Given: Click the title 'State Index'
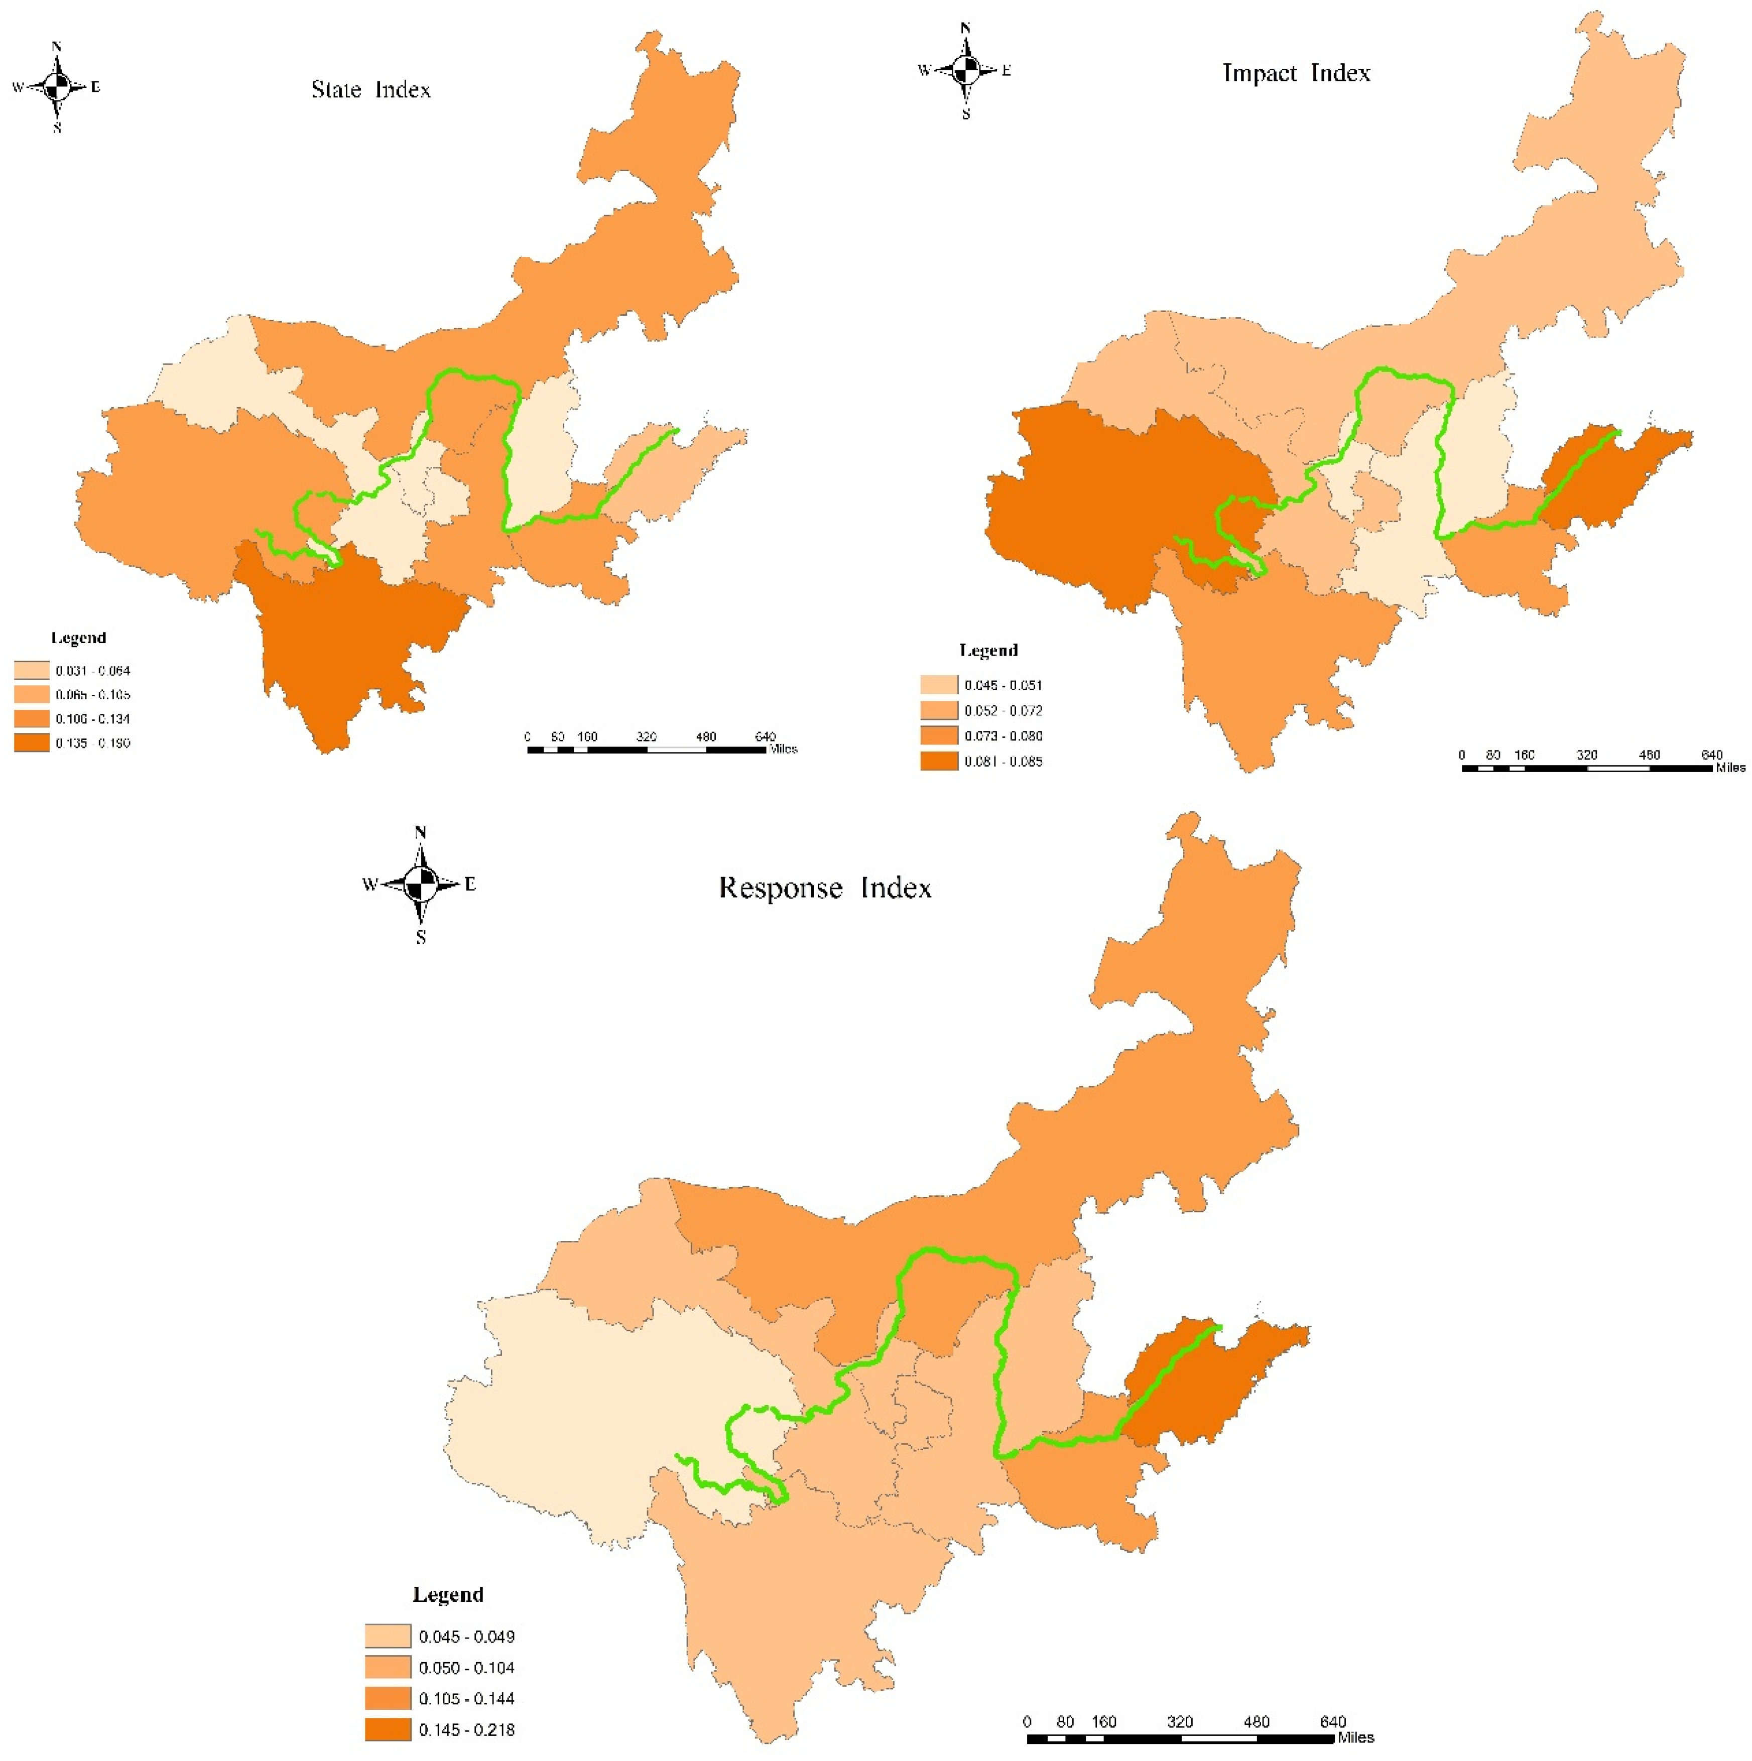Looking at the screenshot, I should [371, 89].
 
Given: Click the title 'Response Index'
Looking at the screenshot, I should [825, 888].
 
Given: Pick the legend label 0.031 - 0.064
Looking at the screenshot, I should [93, 671].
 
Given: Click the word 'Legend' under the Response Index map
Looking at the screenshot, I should [448, 1594].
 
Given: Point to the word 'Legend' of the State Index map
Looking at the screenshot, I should [78, 638].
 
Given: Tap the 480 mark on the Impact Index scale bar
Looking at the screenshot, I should [1649, 754].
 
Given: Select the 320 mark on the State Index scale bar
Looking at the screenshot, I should [646, 736].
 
